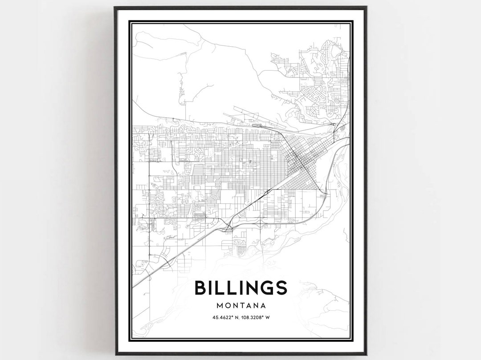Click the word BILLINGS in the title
(240, 287)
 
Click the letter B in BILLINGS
(200, 287)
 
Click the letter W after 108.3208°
(277, 318)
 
